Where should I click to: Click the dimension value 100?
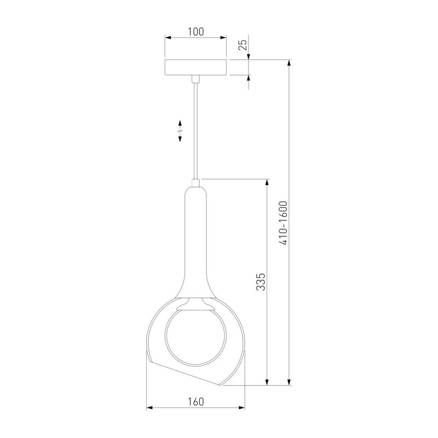[x=195, y=32]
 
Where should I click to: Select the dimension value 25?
[x=243, y=45]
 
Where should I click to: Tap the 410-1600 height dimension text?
[x=283, y=223]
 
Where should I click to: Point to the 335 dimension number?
[x=261, y=282]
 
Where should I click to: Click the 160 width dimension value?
[x=195, y=402]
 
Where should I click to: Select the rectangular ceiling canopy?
[x=195, y=67]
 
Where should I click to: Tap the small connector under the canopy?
[x=195, y=79]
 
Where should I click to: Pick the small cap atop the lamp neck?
[x=195, y=183]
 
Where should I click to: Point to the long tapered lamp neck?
[x=195, y=243]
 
